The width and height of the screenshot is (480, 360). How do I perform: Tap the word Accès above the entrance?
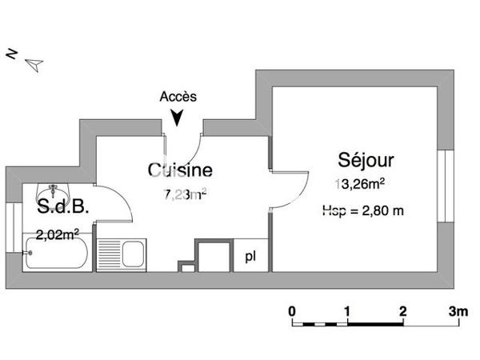tap(178, 96)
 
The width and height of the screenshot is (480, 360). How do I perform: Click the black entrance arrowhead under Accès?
tap(178, 117)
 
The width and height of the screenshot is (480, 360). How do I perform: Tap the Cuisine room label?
tap(180, 170)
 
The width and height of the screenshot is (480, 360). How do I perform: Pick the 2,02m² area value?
tap(57, 234)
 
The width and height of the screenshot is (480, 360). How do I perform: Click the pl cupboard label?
tap(251, 256)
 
